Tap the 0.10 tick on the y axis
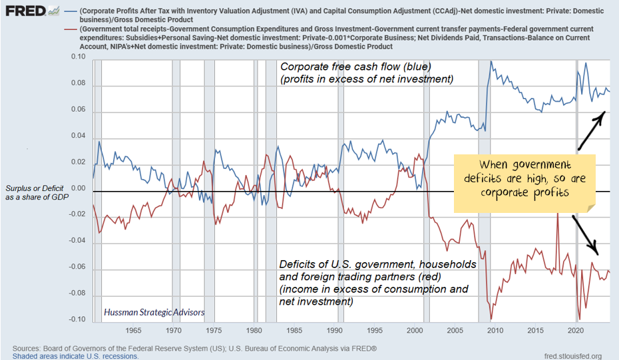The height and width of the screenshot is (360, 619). (x=79, y=58)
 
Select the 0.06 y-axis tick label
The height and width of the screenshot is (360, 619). (x=79, y=110)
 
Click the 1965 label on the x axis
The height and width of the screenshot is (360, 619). (x=133, y=331)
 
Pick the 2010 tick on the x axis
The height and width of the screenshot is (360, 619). (x=495, y=331)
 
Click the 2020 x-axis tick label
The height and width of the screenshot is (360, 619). (x=576, y=331)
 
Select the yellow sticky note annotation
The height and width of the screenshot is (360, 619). (x=525, y=178)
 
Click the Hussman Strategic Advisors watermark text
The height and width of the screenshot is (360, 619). (x=154, y=312)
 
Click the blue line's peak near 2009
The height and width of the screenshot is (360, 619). (x=491, y=61)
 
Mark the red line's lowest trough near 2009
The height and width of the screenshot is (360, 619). (x=491, y=319)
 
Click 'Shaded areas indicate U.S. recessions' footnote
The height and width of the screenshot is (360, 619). (x=75, y=356)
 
